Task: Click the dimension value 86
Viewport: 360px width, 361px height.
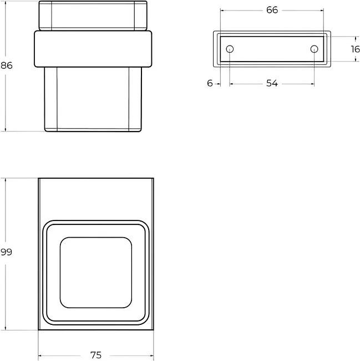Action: tap(7, 66)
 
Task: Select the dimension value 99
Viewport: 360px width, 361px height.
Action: tap(6, 252)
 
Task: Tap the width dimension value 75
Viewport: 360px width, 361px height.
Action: tap(96, 355)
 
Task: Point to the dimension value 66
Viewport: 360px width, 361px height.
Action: tap(272, 10)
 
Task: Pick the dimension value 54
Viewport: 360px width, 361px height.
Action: tap(272, 83)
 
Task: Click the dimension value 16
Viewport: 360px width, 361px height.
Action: tap(355, 49)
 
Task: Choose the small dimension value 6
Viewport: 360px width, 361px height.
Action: tap(210, 83)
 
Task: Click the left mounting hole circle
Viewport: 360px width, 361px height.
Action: tap(230, 49)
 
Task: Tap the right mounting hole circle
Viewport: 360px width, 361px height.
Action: tap(315, 49)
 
